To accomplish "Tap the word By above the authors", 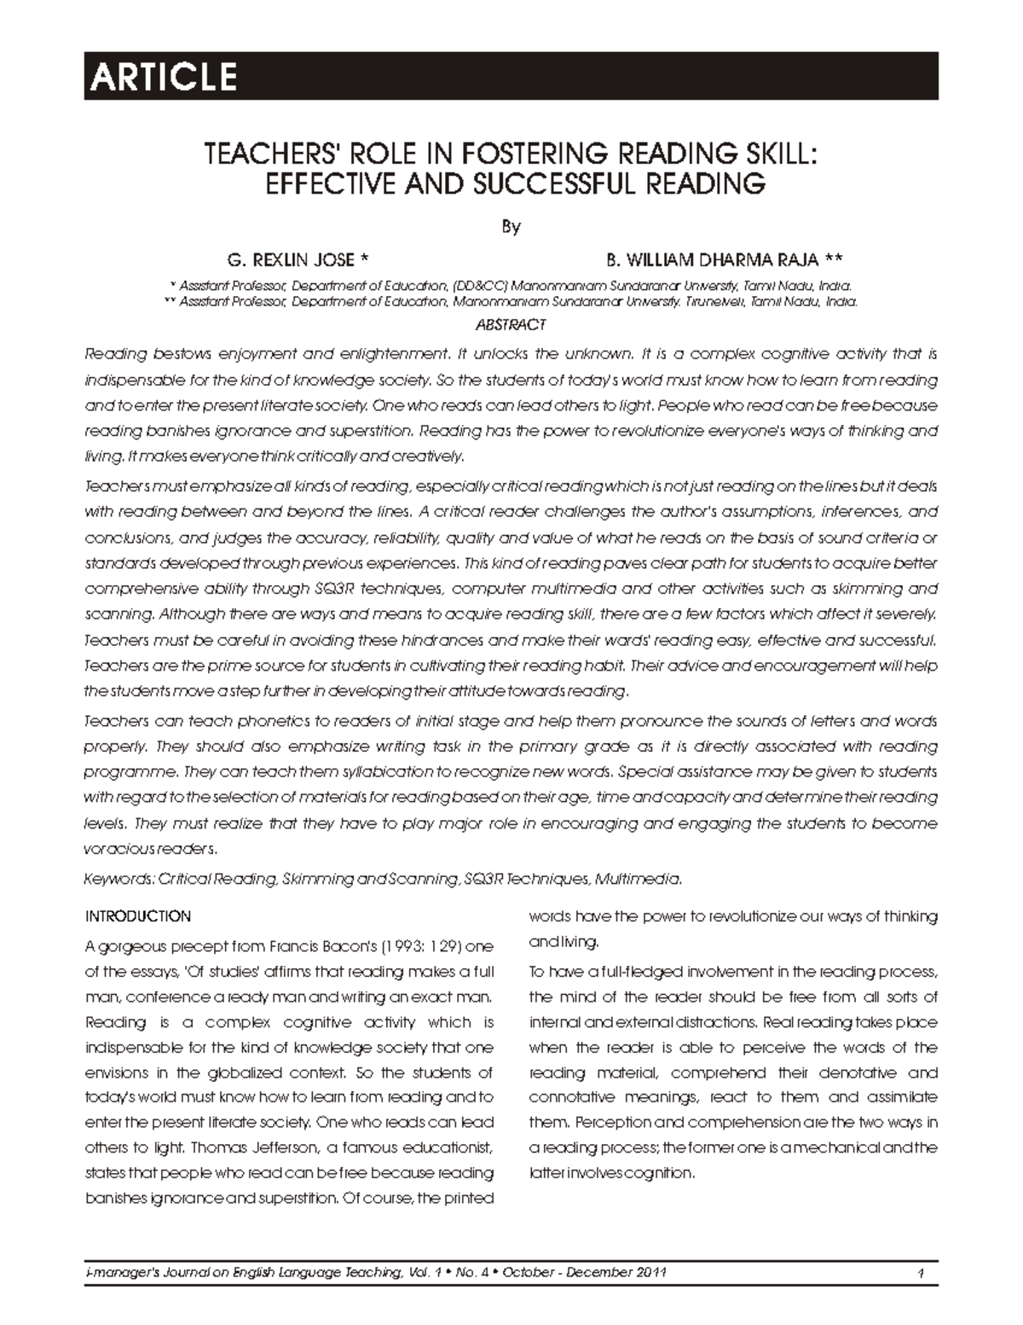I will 511,227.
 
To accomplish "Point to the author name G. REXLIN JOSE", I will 291,259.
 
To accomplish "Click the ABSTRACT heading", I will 511,325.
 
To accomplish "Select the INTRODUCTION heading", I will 138,916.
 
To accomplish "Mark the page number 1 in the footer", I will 922,1274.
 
